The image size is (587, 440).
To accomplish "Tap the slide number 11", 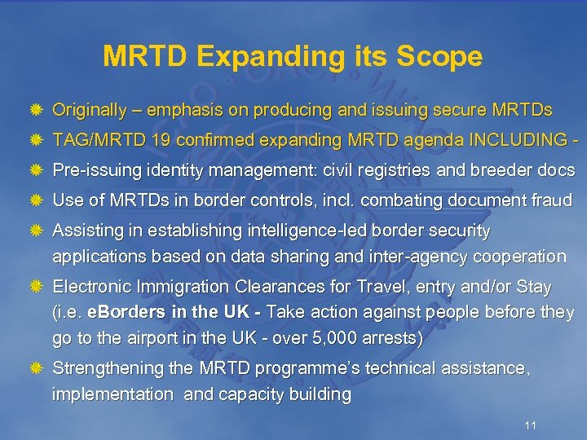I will pos(530,425).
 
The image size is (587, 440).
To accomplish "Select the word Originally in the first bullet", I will pos(89,109).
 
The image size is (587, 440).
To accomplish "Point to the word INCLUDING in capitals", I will pos(506,140).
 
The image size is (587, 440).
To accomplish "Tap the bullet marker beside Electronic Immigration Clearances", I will pos(36,288).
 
